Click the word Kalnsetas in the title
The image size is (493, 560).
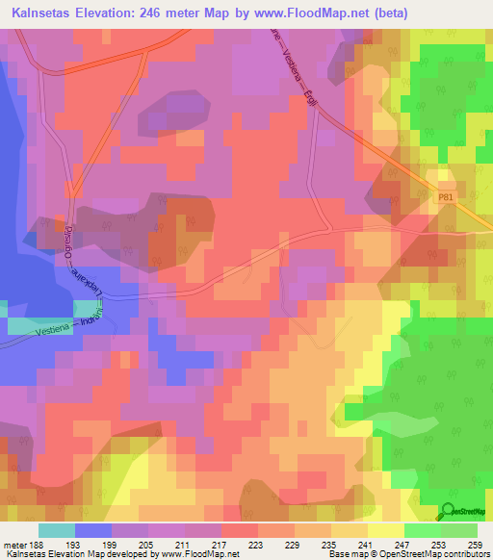44,13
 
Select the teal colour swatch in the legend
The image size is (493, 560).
57,530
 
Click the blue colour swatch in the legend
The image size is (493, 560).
93,530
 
